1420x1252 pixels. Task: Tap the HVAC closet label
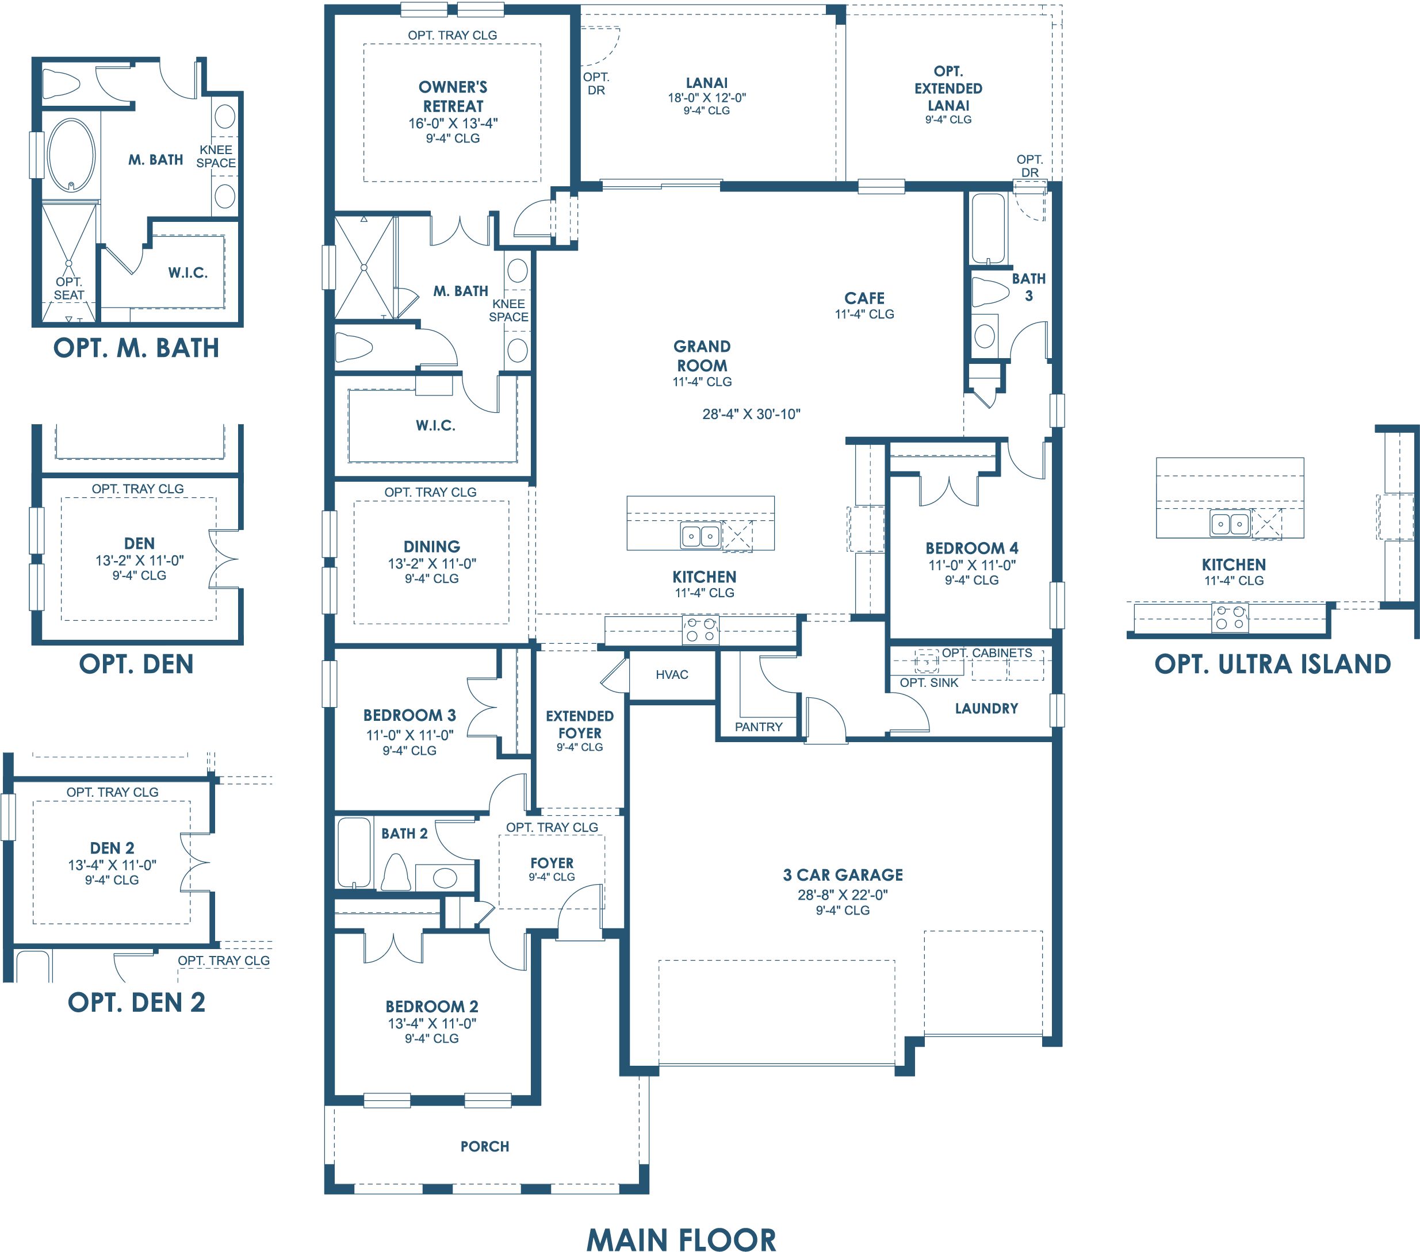click(672, 674)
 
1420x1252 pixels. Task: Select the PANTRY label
click(759, 727)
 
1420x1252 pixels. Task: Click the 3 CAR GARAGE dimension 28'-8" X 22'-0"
click(843, 894)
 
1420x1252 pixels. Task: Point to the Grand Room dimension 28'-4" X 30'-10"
click(751, 414)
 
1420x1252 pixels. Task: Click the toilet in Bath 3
click(990, 293)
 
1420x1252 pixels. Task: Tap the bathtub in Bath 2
click(354, 852)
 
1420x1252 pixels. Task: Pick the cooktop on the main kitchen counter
click(701, 630)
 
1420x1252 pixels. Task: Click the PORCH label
click(485, 1146)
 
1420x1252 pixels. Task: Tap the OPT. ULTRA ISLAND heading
click(1273, 664)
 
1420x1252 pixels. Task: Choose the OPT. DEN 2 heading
click(136, 1002)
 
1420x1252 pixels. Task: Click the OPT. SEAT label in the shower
click(69, 288)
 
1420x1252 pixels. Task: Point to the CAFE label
click(864, 298)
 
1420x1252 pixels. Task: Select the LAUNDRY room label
click(986, 708)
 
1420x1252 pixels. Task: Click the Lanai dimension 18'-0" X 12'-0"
click(706, 98)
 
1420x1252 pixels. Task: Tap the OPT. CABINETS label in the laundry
click(986, 653)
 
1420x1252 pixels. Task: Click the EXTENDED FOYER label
click(579, 724)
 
